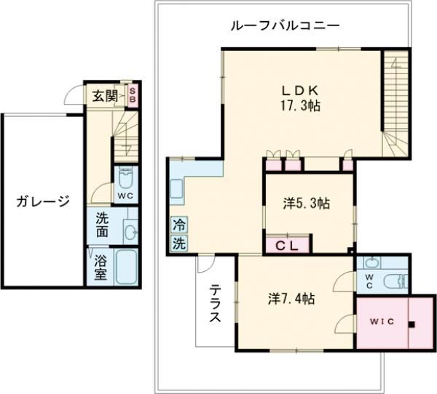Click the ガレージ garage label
tap(44, 201)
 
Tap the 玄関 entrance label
tap(105, 95)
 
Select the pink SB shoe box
tap(133, 95)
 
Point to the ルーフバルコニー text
tap(285, 25)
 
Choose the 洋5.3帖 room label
tap(306, 204)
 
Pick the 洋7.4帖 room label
tap(291, 298)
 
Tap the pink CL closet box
tap(287, 245)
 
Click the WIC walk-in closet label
tap(380, 321)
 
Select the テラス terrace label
tap(216, 305)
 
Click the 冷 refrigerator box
tap(178, 225)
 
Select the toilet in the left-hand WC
tap(125, 180)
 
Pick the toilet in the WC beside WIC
tap(395, 282)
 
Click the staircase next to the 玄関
tap(124, 138)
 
